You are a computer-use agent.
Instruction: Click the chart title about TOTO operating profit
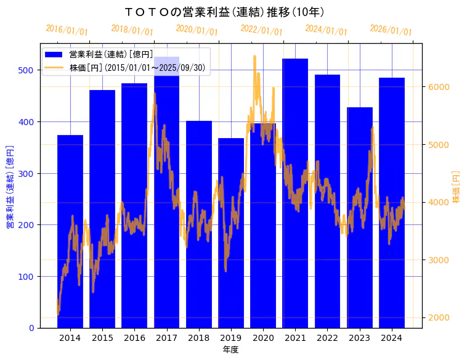[x=224, y=12]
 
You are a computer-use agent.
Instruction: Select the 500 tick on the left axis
[x=26, y=70]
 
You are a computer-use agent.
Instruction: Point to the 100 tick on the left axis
[x=26, y=276]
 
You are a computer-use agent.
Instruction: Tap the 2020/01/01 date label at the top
[x=197, y=30]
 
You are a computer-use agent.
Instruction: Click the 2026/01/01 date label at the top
[x=391, y=30]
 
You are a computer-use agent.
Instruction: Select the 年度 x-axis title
[x=230, y=350]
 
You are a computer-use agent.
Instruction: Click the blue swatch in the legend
[x=54, y=54]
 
